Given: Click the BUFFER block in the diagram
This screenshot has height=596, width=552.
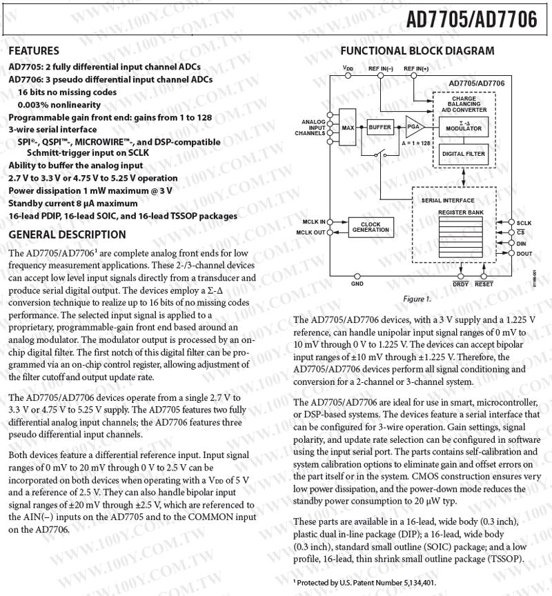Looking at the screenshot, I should pos(379,128).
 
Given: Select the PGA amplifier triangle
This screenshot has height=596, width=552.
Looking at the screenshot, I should pos(413,127).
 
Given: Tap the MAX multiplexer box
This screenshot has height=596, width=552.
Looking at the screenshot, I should pos(348,128).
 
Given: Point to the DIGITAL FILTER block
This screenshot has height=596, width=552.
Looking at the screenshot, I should pos(464,154).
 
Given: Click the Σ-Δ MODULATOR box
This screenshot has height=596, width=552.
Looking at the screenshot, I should pos(464,126).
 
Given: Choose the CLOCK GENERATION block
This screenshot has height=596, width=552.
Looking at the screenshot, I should pos(371,227).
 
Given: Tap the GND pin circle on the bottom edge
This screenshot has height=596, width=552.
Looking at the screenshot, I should pos(357,274).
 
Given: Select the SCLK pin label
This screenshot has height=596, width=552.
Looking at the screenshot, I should pos(524,223).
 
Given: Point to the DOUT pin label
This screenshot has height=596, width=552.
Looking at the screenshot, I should pos(524,254).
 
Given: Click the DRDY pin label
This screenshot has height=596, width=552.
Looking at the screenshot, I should pos(460,284).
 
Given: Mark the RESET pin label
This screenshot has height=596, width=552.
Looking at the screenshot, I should pos(484,284).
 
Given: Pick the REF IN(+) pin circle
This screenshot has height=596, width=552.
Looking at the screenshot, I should pos(415,75).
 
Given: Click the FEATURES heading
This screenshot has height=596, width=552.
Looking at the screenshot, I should pos(33,51).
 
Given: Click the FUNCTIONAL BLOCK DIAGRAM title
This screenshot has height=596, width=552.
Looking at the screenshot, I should pos(417,51).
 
